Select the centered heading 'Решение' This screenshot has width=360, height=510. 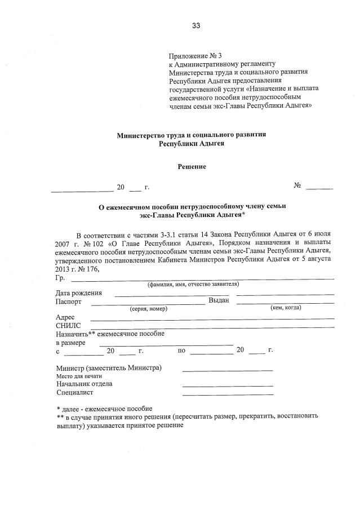pyautogui.click(x=192, y=167)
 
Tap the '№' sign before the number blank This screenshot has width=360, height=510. pyautogui.click(x=297, y=186)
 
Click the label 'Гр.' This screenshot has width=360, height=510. pyautogui.click(x=60, y=278)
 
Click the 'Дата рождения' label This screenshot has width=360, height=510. pyautogui.click(x=78, y=293)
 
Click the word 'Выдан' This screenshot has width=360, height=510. pyautogui.click(x=219, y=301)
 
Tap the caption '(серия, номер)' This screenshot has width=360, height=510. pyautogui.click(x=148, y=308)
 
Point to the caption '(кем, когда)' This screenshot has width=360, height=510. pyautogui.click(x=286, y=308)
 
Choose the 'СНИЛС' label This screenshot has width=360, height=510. pyautogui.click(x=68, y=326)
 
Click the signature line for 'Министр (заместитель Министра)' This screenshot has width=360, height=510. pyautogui.click(x=228, y=370)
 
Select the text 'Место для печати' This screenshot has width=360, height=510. pyautogui.click(x=79, y=376)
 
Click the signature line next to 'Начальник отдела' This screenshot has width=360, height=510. pyautogui.click(x=228, y=385)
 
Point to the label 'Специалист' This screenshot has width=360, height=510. pyautogui.click(x=74, y=392)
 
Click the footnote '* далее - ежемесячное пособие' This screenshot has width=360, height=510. pyautogui.click(x=104, y=409)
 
